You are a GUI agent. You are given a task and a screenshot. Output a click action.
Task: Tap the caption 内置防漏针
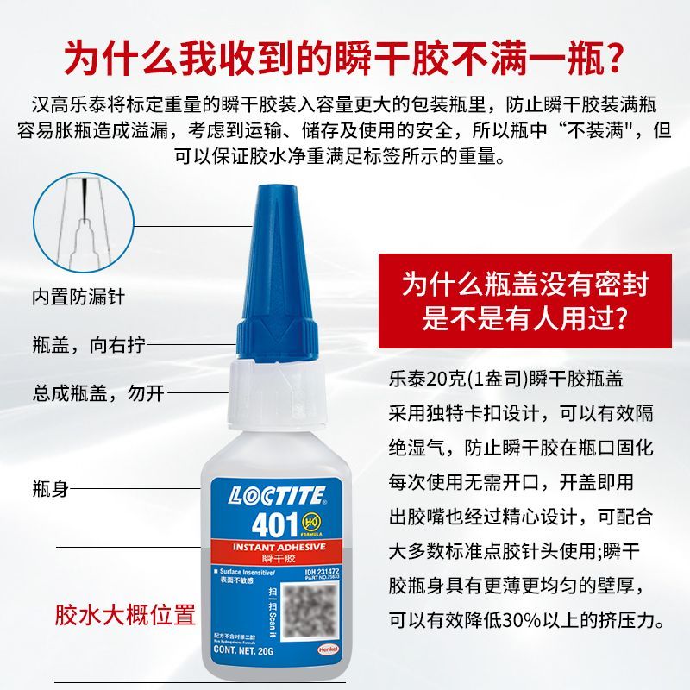point(78,296)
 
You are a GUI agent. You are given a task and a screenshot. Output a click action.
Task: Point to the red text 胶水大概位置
point(124,615)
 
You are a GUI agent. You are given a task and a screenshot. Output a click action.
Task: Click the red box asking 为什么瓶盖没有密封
point(524,299)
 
